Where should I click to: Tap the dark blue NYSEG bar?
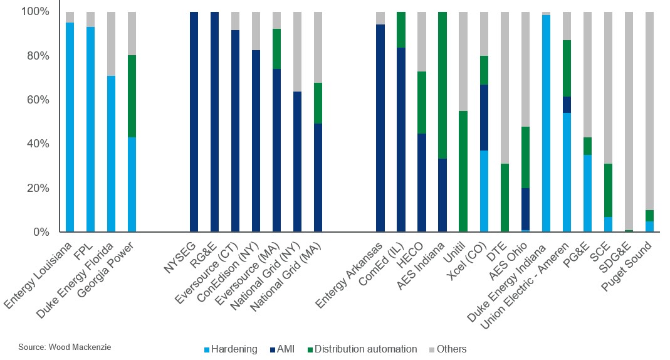pyautogui.click(x=194, y=122)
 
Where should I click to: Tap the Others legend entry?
pyautogui.click(x=447, y=349)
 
